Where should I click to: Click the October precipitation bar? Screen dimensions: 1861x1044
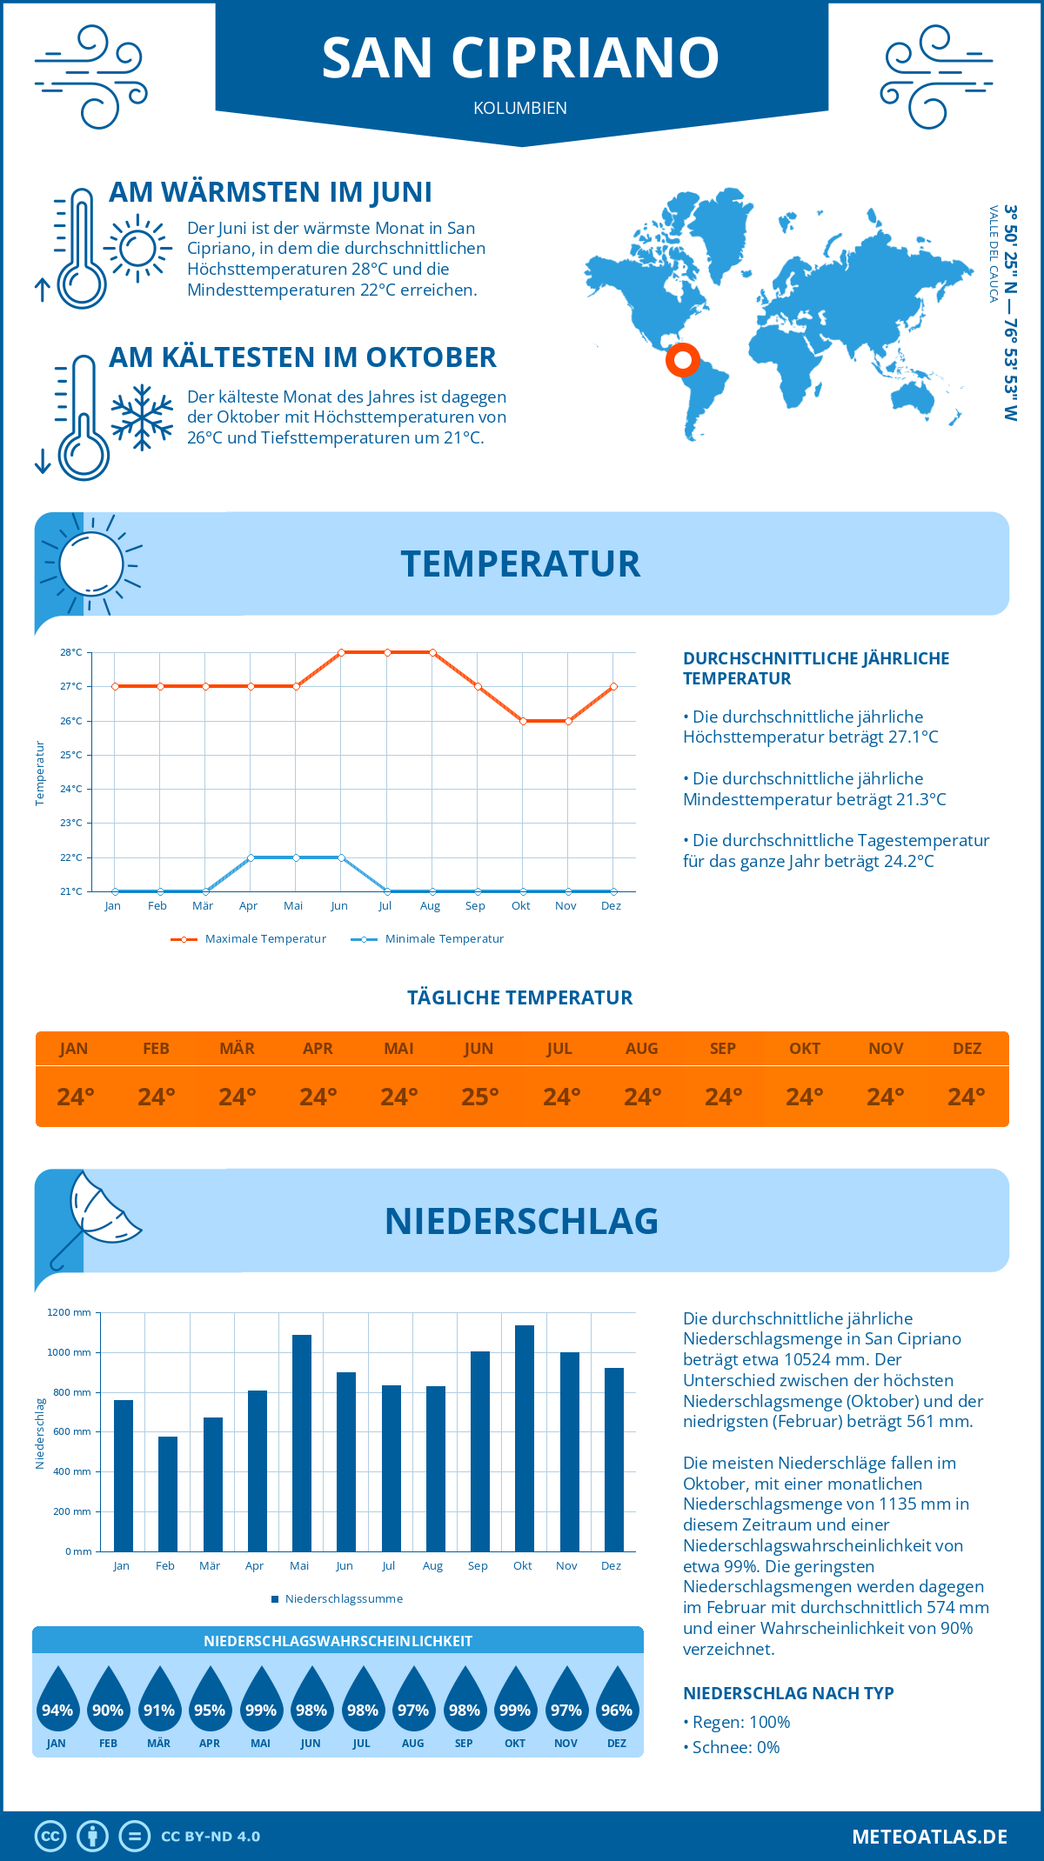pos(524,1438)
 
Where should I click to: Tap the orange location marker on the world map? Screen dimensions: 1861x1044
pos(683,359)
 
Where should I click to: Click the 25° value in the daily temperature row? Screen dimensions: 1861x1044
pos(479,1097)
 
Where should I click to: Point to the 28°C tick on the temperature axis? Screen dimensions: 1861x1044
pos(71,652)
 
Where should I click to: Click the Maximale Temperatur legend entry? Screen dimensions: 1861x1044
pos(249,939)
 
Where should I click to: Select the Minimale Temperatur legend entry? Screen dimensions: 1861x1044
pos(428,939)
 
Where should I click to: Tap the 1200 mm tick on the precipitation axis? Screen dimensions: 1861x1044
pos(70,1312)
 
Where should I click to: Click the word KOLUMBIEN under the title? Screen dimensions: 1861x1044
pos(520,108)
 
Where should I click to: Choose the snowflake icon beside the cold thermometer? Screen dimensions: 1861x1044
pos(142,417)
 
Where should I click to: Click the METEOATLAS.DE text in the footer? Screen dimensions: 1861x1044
pos(929,1837)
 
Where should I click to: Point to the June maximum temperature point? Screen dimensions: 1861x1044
pos(341,652)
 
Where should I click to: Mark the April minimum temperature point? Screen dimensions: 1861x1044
pos(251,857)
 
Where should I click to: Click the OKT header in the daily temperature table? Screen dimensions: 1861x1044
pos(804,1049)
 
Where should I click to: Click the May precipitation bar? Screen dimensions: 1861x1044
pos(302,1443)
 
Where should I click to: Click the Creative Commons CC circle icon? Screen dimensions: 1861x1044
pos(50,1837)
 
